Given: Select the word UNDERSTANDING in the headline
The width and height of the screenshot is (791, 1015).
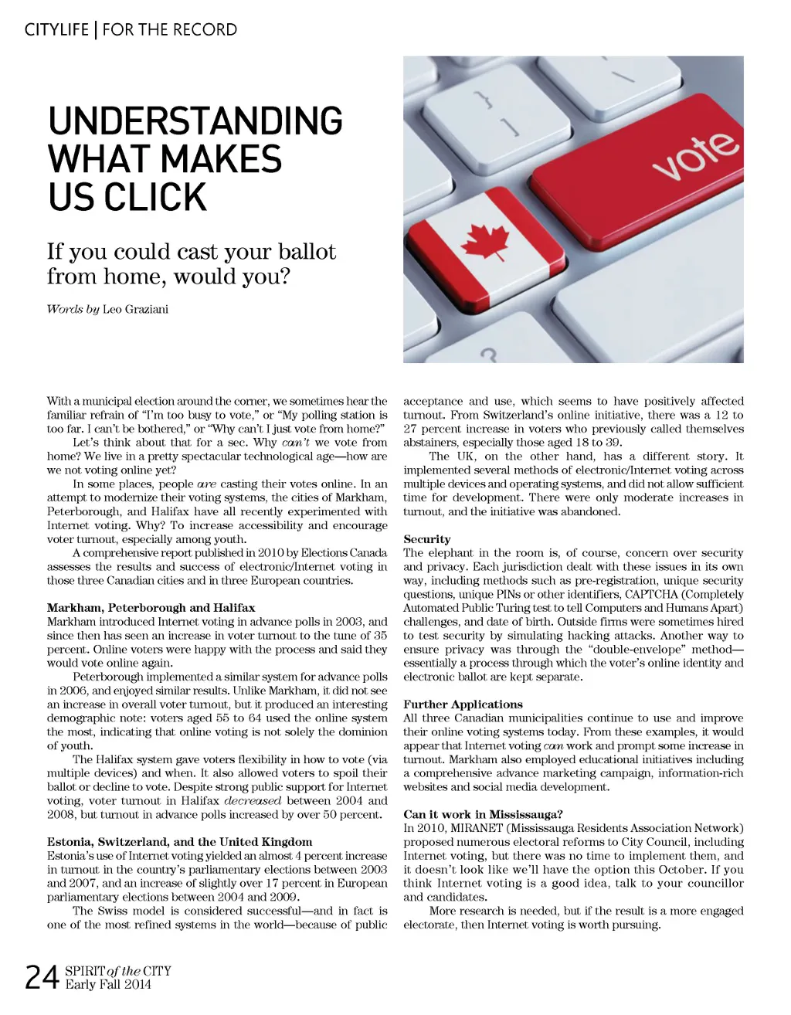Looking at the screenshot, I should click(x=195, y=122).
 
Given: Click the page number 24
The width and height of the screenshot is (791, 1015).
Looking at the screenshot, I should click(x=42, y=978).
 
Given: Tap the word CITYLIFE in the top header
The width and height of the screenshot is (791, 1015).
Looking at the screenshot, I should click(x=56, y=30).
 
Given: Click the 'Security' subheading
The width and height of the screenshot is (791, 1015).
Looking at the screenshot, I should click(x=426, y=539).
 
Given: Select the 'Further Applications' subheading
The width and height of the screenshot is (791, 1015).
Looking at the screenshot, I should click(x=463, y=704).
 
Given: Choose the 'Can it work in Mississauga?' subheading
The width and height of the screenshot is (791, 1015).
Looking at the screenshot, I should click(x=483, y=814).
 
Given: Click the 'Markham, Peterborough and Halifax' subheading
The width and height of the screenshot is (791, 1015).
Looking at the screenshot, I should click(x=151, y=608).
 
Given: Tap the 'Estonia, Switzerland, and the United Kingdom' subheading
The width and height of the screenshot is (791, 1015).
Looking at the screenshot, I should click(x=179, y=842).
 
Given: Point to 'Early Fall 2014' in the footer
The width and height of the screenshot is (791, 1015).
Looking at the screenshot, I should click(x=108, y=985).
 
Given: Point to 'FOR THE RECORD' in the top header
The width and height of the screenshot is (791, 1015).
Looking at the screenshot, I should click(x=169, y=30).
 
